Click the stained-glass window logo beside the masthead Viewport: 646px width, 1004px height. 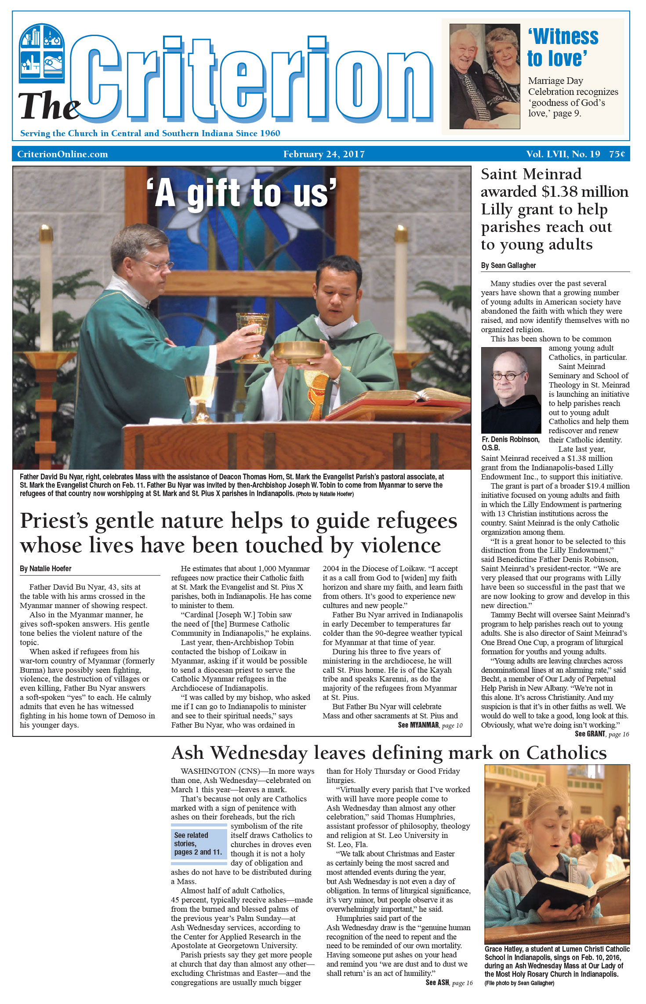click(x=42, y=53)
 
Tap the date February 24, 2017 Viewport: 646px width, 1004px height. click(x=324, y=154)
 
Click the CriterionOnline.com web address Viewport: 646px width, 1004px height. click(x=62, y=154)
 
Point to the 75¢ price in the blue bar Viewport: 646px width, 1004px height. click(x=617, y=154)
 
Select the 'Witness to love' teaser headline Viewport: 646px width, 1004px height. click(x=563, y=47)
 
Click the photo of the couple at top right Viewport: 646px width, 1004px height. click(x=484, y=76)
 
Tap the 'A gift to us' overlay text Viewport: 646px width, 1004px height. click(x=241, y=193)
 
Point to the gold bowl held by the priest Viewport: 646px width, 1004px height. click(x=299, y=352)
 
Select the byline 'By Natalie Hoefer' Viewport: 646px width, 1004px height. click(x=45, y=569)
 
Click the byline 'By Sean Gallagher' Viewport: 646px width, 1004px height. click(x=508, y=265)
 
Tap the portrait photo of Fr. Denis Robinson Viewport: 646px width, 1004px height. click(x=511, y=390)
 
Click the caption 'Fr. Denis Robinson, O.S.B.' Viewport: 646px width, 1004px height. click(x=510, y=443)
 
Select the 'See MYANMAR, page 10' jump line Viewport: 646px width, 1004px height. click(x=430, y=725)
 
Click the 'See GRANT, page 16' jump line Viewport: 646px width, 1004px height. click(x=602, y=734)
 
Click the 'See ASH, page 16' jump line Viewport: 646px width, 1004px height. click(x=449, y=982)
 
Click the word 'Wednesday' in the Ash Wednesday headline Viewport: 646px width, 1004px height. click(x=259, y=753)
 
